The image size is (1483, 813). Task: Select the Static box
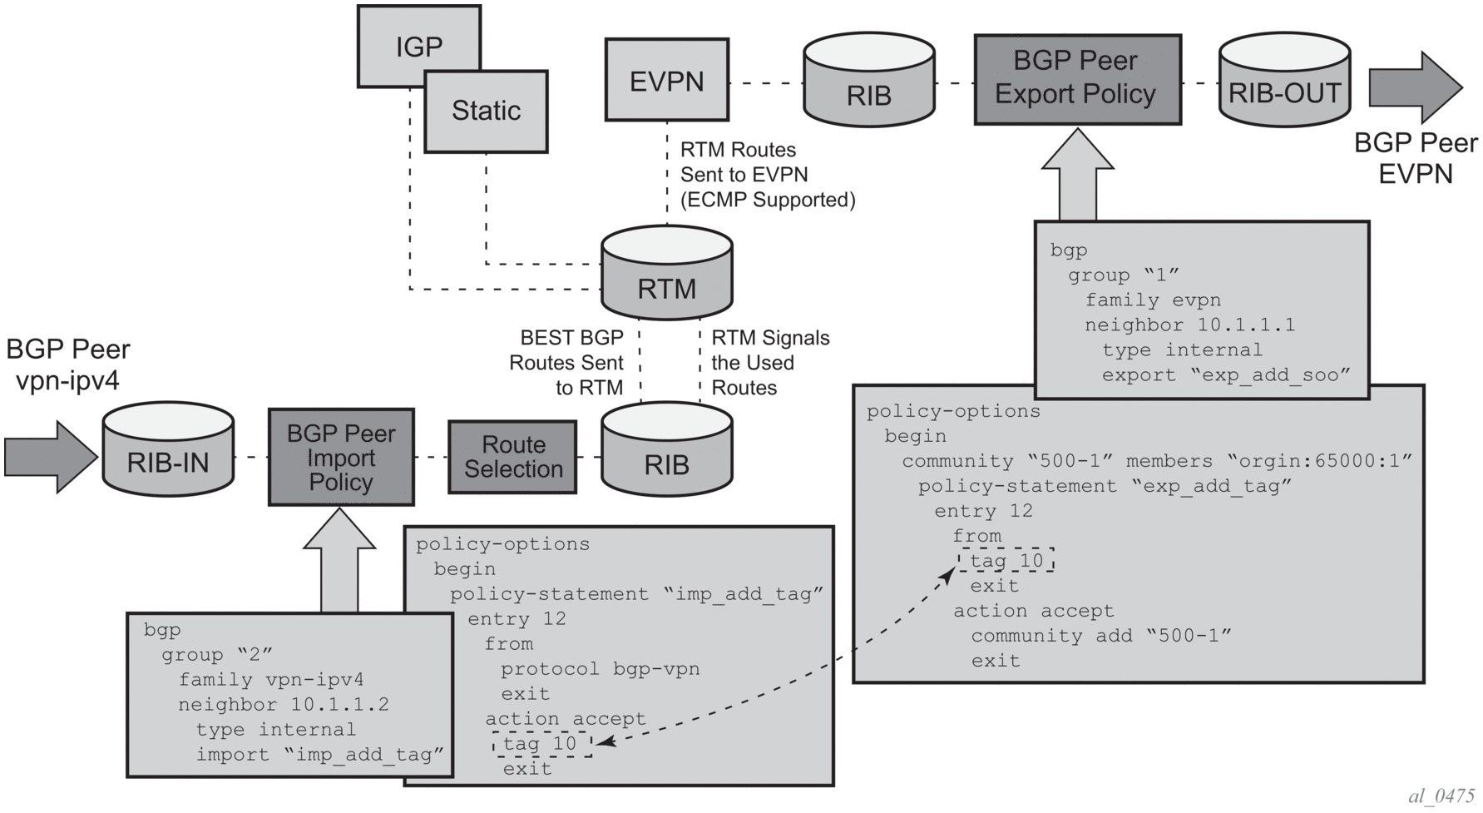tap(486, 111)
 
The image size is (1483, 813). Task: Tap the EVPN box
tap(666, 80)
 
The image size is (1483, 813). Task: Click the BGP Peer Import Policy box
tap(341, 457)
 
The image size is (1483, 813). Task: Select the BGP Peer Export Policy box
tap(1076, 79)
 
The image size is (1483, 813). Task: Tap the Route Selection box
tap(512, 457)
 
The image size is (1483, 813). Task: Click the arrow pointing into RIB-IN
tap(50, 457)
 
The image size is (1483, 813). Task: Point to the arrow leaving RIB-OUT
tap(1415, 87)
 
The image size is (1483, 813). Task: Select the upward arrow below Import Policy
tap(339, 561)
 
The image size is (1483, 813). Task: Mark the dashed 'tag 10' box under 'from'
tap(1006, 560)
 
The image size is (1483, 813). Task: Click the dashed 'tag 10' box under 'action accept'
tap(541, 743)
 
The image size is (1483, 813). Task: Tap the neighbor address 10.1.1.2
tap(339, 705)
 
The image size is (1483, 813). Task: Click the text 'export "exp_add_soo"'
tap(1220, 374)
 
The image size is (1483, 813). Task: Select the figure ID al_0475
tap(1441, 796)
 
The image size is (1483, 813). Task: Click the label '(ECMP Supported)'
tap(767, 200)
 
